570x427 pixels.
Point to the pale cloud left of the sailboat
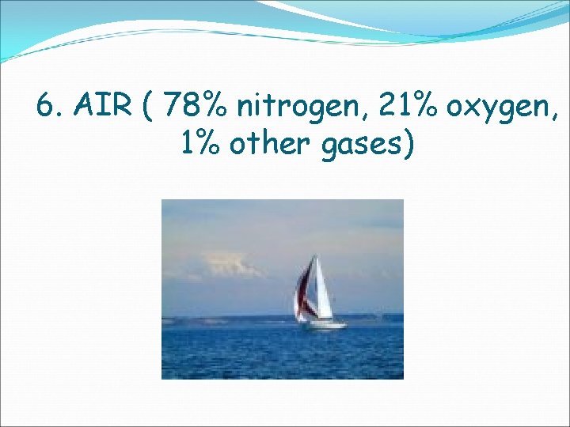[x=230, y=264]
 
